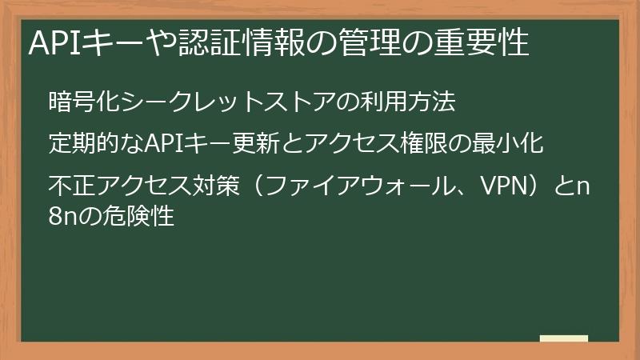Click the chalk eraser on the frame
(x=563, y=339)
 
